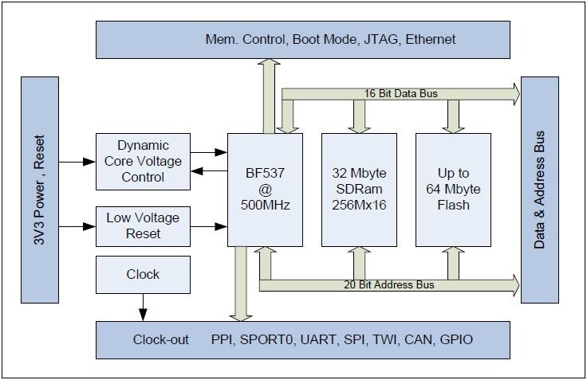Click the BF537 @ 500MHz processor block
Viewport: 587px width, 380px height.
pyautogui.click(x=265, y=190)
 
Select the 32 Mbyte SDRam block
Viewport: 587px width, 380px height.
pyautogui.click(x=359, y=190)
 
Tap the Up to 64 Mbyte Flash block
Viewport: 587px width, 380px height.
pyautogui.click(x=453, y=190)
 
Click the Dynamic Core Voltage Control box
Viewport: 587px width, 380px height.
pyautogui.click(x=143, y=162)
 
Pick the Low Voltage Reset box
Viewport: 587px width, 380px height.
pyautogui.click(x=143, y=226)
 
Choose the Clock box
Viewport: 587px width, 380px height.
pyautogui.click(x=143, y=275)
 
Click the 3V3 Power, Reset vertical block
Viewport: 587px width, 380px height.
pyautogui.click(x=40, y=190)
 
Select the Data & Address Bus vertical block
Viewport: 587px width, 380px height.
pyautogui.click(x=539, y=190)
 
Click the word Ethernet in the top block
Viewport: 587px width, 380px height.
pyautogui.click(x=431, y=39)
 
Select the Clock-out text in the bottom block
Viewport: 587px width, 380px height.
pyautogui.click(x=161, y=340)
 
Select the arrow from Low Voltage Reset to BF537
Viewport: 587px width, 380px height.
pyautogui.click(x=209, y=227)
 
